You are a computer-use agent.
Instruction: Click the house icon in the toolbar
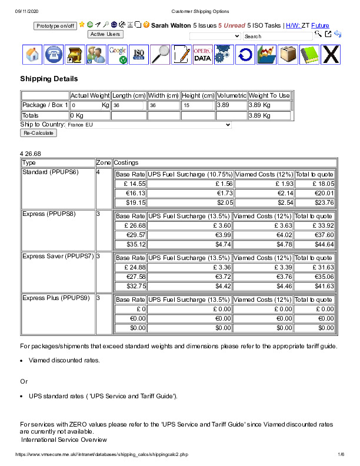coord(33,54)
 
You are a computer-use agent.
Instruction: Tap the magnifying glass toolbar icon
coord(160,54)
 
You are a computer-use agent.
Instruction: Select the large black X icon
coord(331,54)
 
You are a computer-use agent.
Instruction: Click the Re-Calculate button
coord(38,133)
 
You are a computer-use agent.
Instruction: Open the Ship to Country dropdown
coord(149,125)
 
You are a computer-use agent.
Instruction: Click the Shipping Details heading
coord(49,78)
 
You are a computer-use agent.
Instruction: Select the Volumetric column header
coord(231,95)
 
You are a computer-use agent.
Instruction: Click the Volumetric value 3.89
coord(224,105)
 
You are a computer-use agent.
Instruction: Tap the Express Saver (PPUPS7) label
coord(56,257)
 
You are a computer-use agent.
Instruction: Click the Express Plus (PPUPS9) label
coord(55,298)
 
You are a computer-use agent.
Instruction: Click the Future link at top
coord(320,26)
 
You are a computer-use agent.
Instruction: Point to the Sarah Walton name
coord(171,26)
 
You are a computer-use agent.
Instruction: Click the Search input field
coord(278,36)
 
